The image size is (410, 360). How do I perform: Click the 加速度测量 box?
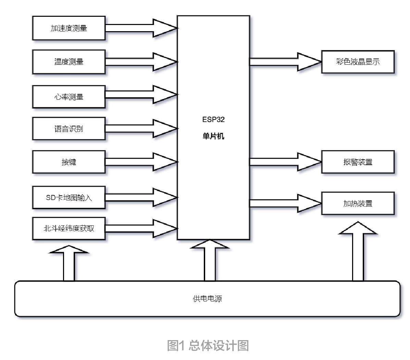click(x=69, y=28)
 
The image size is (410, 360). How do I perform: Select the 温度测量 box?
click(x=69, y=62)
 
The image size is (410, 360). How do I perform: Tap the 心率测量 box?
click(x=69, y=97)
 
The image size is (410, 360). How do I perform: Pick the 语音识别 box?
click(x=69, y=129)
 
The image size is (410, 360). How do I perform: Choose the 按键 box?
click(x=69, y=162)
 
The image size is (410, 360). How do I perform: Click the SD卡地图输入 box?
click(x=69, y=197)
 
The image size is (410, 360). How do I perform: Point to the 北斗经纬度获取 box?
click(x=69, y=228)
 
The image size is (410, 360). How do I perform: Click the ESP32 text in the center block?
click(x=213, y=120)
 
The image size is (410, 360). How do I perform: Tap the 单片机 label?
click(x=213, y=136)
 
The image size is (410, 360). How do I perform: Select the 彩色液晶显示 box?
click(x=358, y=62)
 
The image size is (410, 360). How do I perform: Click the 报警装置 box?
click(x=358, y=162)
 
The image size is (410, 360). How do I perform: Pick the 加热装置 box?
click(x=358, y=203)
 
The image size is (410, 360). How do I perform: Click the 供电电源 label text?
click(x=208, y=299)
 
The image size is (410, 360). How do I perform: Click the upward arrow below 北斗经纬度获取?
click(x=69, y=264)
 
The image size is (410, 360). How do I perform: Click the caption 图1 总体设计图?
click(x=208, y=346)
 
